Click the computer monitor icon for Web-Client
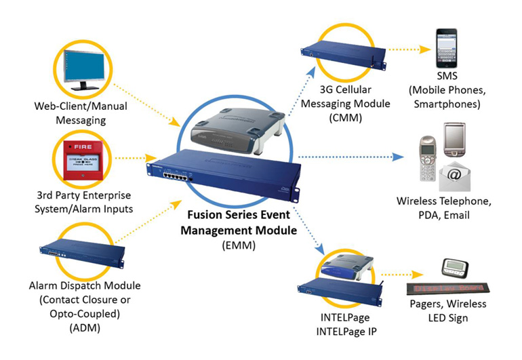tap(83, 68)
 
